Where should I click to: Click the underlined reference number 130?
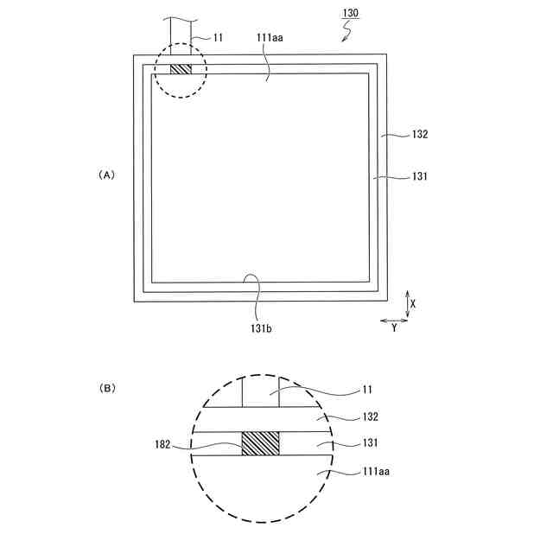pyautogui.click(x=350, y=13)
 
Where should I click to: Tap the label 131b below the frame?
pyautogui.click(x=261, y=328)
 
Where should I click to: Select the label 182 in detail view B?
pyautogui.click(x=162, y=444)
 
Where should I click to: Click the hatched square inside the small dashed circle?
pyautogui.click(x=181, y=69)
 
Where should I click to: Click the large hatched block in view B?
pyautogui.click(x=261, y=443)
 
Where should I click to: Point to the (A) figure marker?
pyautogui.click(x=106, y=175)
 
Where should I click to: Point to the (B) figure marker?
pyautogui.click(x=107, y=388)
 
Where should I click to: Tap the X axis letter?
pyautogui.click(x=413, y=303)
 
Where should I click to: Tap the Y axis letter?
pyautogui.click(x=394, y=328)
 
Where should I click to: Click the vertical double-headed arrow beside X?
pyautogui.click(x=407, y=304)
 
